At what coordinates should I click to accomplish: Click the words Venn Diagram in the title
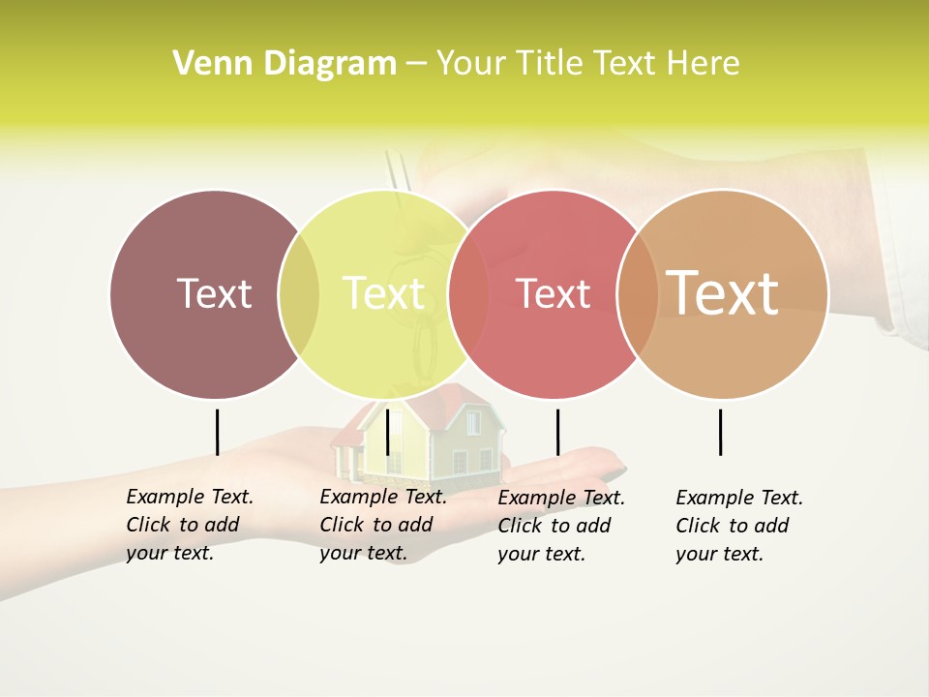coord(285,63)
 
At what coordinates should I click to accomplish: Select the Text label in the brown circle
coord(214,293)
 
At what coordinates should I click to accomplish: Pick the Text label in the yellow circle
coord(383,293)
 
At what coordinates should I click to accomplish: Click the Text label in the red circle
coord(553,293)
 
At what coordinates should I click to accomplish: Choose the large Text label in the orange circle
coord(723,292)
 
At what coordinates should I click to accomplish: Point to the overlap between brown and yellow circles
coord(299,293)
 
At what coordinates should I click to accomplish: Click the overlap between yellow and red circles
coord(468,293)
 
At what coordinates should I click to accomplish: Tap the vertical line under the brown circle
coord(217,432)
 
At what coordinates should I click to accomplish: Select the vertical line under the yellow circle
coord(387,432)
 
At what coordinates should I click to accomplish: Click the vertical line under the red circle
coord(557,432)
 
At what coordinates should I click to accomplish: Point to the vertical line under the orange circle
coord(720,432)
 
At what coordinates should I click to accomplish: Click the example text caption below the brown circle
coord(190,525)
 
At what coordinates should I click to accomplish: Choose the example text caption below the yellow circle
coord(383,525)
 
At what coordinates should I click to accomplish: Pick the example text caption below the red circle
coord(561,526)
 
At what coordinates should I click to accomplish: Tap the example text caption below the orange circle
coord(739,526)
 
